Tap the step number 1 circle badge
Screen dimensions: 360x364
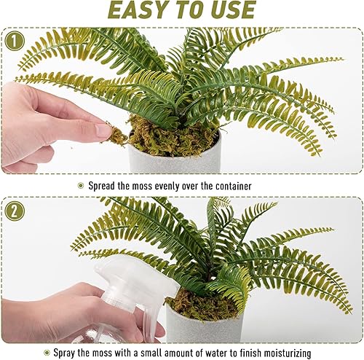[14, 41]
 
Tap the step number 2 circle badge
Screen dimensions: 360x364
[14, 211]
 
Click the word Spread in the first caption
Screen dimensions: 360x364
[106, 186]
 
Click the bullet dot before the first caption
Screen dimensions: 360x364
[81, 186]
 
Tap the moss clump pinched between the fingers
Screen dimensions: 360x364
[116, 133]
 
